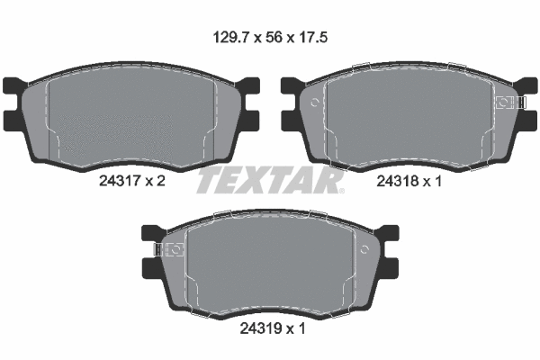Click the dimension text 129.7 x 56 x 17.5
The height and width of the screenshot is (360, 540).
point(270,37)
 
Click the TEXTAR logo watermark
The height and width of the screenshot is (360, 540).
point(270,182)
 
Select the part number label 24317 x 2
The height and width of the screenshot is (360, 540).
point(132,181)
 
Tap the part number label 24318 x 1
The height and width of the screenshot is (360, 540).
point(409,181)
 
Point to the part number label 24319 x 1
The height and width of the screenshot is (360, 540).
point(273,328)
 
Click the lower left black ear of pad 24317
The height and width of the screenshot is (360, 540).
point(13,121)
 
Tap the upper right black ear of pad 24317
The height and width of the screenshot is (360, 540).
point(248,85)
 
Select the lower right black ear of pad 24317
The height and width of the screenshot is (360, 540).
point(250,121)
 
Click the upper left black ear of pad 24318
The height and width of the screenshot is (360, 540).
point(292,85)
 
